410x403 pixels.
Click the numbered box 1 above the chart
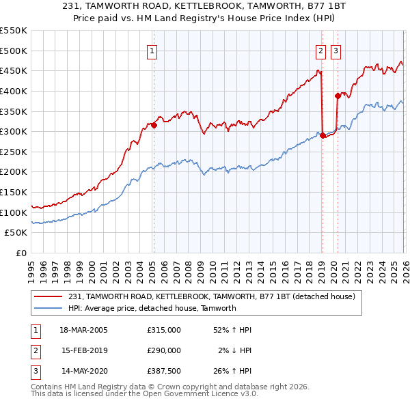point(152,50)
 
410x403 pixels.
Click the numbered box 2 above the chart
point(320,50)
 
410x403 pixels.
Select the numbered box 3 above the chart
point(336,50)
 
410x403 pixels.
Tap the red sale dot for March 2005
point(154,125)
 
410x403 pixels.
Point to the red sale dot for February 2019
point(322,135)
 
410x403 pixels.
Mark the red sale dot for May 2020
point(338,96)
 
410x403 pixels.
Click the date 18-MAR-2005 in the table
point(84,330)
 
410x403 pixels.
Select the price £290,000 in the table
point(164,350)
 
